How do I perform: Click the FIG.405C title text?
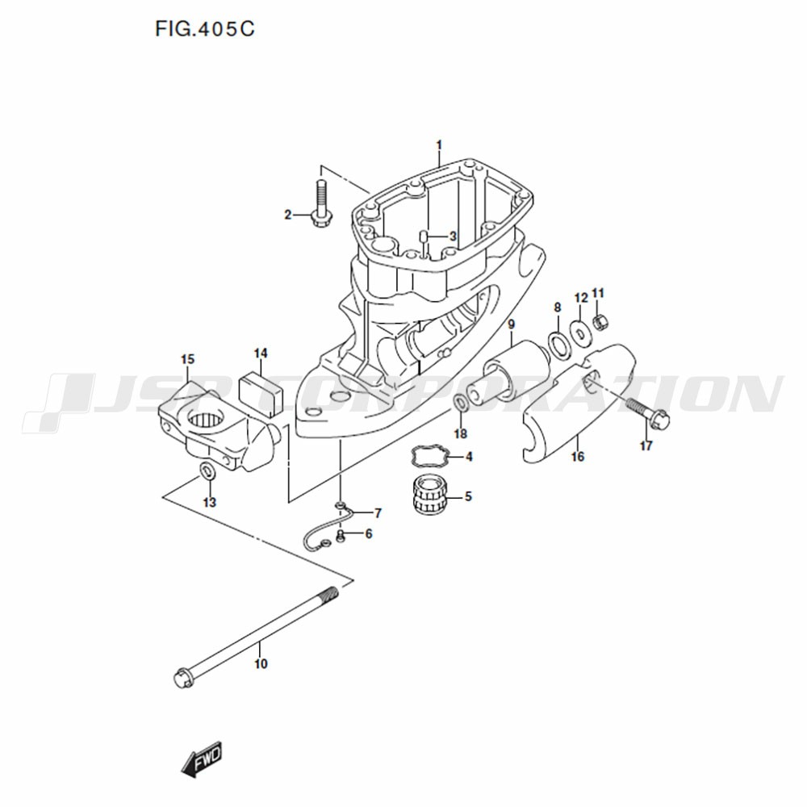[205, 29]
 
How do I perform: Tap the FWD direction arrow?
[203, 758]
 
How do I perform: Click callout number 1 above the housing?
[439, 145]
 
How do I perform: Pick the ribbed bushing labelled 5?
[431, 495]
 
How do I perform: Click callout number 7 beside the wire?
[378, 513]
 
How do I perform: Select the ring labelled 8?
[559, 345]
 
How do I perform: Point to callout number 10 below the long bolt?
[261, 663]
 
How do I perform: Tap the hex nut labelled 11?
[599, 322]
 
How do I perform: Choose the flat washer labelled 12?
[580, 332]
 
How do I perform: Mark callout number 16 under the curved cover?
[578, 456]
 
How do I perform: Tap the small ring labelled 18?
[461, 403]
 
